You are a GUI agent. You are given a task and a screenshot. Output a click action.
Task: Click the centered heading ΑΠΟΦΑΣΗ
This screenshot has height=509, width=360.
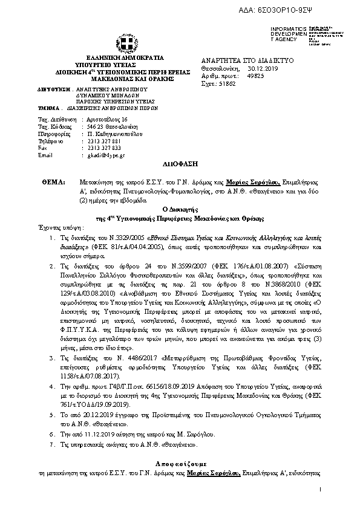pos(180,164)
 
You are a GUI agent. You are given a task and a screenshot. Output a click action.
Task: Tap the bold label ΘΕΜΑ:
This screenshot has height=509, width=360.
pos(54,181)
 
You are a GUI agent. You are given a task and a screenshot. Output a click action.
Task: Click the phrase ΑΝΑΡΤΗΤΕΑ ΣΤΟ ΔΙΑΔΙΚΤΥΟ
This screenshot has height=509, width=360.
pos(247,62)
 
